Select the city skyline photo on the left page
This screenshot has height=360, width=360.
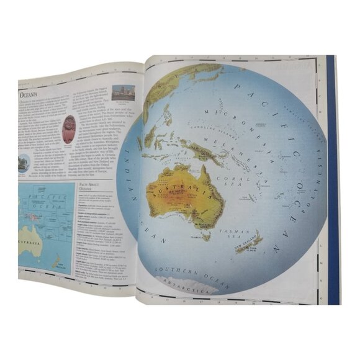[x=124, y=92]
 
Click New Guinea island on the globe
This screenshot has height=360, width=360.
[x=205, y=149]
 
